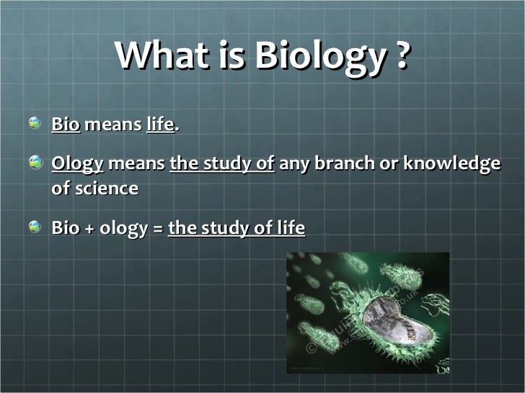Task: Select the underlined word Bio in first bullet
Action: pos(66,125)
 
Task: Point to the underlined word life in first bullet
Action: pos(160,125)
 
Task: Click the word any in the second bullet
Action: pos(293,166)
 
